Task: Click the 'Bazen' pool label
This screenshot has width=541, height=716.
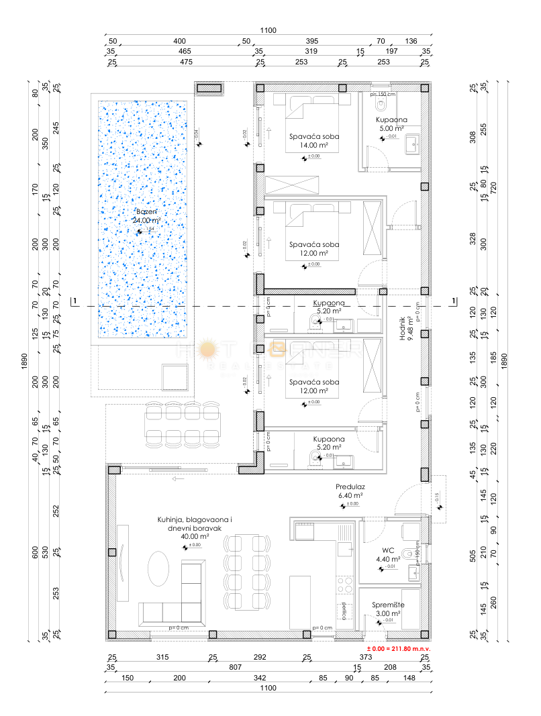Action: (146, 211)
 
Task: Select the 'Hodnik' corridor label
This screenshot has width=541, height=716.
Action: (403, 329)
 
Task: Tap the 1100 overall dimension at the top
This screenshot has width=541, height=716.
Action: (270, 30)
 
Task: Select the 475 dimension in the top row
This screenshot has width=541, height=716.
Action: (185, 62)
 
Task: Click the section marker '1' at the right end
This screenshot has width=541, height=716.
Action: (454, 300)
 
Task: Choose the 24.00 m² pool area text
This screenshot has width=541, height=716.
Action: (146, 220)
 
